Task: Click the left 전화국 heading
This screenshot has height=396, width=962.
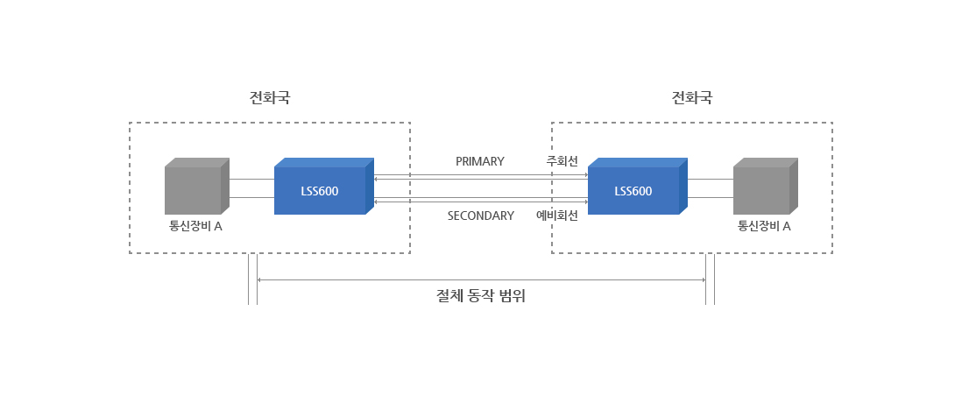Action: [x=269, y=97]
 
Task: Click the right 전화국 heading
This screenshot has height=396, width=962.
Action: [x=692, y=97]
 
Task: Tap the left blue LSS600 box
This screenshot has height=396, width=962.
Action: [x=324, y=186]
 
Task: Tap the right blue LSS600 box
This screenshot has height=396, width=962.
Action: [x=638, y=186]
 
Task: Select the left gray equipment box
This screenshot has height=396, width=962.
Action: [x=197, y=186]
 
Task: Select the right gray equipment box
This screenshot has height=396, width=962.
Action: [x=766, y=186]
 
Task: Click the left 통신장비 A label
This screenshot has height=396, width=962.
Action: [x=195, y=226]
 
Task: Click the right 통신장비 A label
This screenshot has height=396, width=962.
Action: [x=764, y=226]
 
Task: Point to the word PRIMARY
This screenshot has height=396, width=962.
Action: [x=480, y=161]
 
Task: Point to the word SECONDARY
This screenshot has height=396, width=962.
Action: [x=481, y=216]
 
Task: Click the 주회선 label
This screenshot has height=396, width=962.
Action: [x=562, y=161]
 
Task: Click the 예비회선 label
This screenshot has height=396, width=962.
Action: [x=557, y=216]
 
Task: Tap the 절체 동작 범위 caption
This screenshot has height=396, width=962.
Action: [x=481, y=296]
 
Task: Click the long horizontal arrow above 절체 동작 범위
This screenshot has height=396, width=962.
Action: [x=481, y=280]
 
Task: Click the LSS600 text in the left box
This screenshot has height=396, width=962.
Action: [x=320, y=191]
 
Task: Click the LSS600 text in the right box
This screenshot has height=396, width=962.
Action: [x=633, y=191]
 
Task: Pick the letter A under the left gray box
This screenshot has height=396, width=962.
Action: [x=218, y=226]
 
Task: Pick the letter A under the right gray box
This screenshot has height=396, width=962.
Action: [x=786, y=226]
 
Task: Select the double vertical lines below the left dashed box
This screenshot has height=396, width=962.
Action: [x=253, y=279]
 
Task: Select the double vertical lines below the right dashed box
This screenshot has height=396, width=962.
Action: [x=710, y=279]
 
